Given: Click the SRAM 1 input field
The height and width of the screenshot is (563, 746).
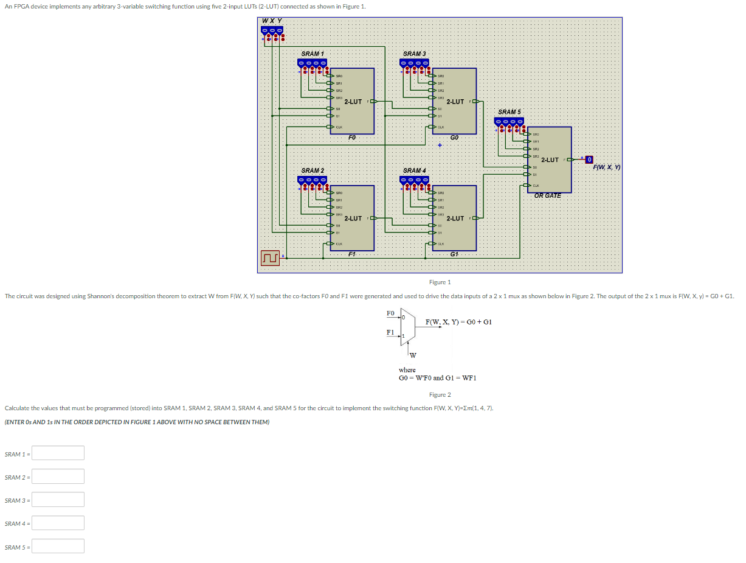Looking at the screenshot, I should pyautogui.click(x=58, y=453).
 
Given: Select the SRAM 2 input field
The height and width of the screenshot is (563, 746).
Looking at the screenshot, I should pyautogui.click(x=58, y=477).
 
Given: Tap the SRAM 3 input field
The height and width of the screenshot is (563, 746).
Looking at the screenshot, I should pyautogui.click(x=58, y=500).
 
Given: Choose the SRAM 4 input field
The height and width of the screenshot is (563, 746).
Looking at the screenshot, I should pyautogui.click(x=58, y=523).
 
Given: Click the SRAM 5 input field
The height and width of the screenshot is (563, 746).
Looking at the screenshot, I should pyautogui.click(x=58, y=546).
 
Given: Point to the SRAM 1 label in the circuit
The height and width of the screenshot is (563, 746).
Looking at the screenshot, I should pyautogui.click(x=313, y=54).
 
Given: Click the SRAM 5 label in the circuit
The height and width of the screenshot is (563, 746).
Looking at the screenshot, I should pyautogui.click(x=509, y=112).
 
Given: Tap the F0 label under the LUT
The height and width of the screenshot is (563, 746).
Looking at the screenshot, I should pyautogui.click(x=352, y=138).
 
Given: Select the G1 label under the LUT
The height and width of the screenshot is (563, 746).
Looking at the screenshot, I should pyautogui.click(x=454, y=254).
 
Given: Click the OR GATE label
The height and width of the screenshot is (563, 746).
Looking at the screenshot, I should pyautogui.click(x=547, y=195).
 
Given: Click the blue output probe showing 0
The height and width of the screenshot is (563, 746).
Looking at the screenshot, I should pyautogui.click(x=589, y=159).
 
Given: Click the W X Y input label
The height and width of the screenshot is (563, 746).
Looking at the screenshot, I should pyautogui.click(x=271, y=21).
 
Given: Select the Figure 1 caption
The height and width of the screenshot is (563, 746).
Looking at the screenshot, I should pyautogui.click(x=440, y=282).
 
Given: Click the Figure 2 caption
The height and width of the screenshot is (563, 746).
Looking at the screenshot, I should pyautogui.click(x=440, y=395).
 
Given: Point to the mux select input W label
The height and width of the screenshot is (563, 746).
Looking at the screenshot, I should pyautogui.click(x=413, y=355).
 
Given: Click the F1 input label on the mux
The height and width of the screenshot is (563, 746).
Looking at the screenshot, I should pyautogui.click(x=390, y=332).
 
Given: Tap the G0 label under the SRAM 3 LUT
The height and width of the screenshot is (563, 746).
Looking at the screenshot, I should pyautogui.click(x=454, y=138).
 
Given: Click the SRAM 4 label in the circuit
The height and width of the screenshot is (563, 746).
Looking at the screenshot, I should pyautogui.click(x=415, y=170).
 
